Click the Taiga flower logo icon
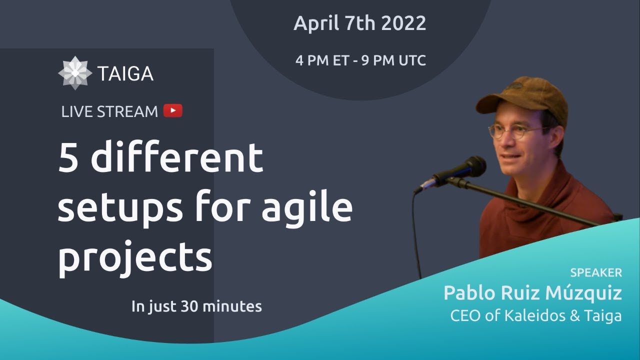(75, 73)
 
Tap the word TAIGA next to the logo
(125, 74)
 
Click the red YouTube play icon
(173, 110)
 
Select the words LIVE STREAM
(109, 111)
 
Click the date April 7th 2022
(359, 23)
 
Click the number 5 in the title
(69, 157)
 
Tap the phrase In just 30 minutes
(196, 306)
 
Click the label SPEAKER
(596, 273)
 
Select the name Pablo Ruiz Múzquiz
(532, 293)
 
